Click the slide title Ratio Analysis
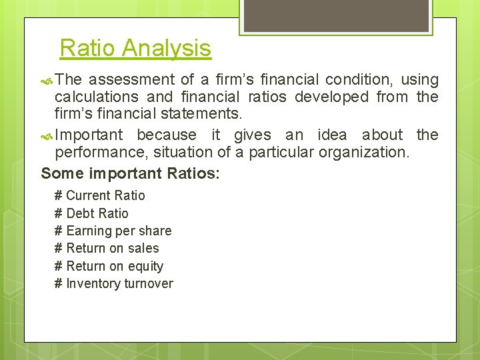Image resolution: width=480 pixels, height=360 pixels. (x=135, y=48)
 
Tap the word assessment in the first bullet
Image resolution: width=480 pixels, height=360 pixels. (x=127, y=80)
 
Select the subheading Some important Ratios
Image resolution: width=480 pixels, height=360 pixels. (x=130, y=173)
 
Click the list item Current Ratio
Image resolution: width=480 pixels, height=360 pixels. (x=105, y=195)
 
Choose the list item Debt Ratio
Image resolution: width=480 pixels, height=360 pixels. (x=97, y=213)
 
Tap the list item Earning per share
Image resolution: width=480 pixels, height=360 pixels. (x=119, y=231)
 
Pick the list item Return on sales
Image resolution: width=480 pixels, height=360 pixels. (x=113, y=248)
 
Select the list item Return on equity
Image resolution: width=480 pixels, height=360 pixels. (x=115, y=266)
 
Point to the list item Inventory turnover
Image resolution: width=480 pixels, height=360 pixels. (x=119, y=283)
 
